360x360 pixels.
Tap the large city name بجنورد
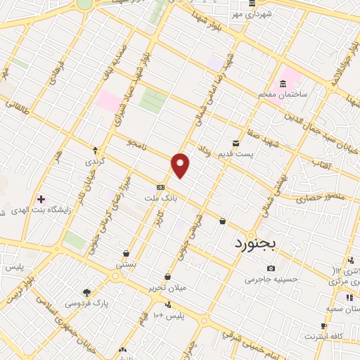click(255, 244)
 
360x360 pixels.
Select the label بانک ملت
click(161, 199)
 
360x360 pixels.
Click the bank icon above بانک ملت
click(161, 188)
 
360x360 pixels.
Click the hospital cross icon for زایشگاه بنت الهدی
click(41, 199)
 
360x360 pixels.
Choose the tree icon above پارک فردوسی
click(86, 292)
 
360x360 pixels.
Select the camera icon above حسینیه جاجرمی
click(271, 268)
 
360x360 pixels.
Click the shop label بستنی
click(126, 264)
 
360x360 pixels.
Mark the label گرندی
click(96, 161)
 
